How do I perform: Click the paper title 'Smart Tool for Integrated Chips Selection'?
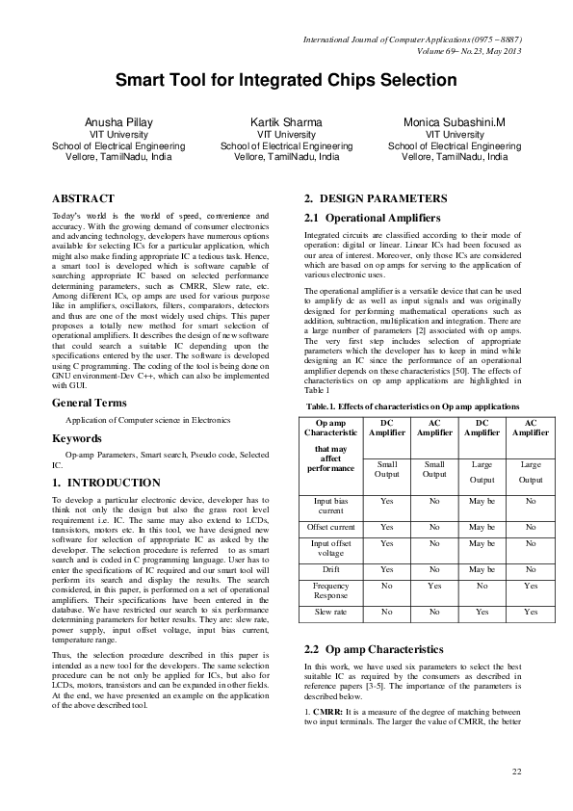[286, 81]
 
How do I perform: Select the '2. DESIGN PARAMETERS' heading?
[375, 197]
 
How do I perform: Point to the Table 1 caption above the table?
[415, 407]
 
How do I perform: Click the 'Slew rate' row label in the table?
[330, 612]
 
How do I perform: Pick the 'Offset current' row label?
[330, 528]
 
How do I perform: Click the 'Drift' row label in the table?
[330, 569]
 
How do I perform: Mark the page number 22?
[515, 772]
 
